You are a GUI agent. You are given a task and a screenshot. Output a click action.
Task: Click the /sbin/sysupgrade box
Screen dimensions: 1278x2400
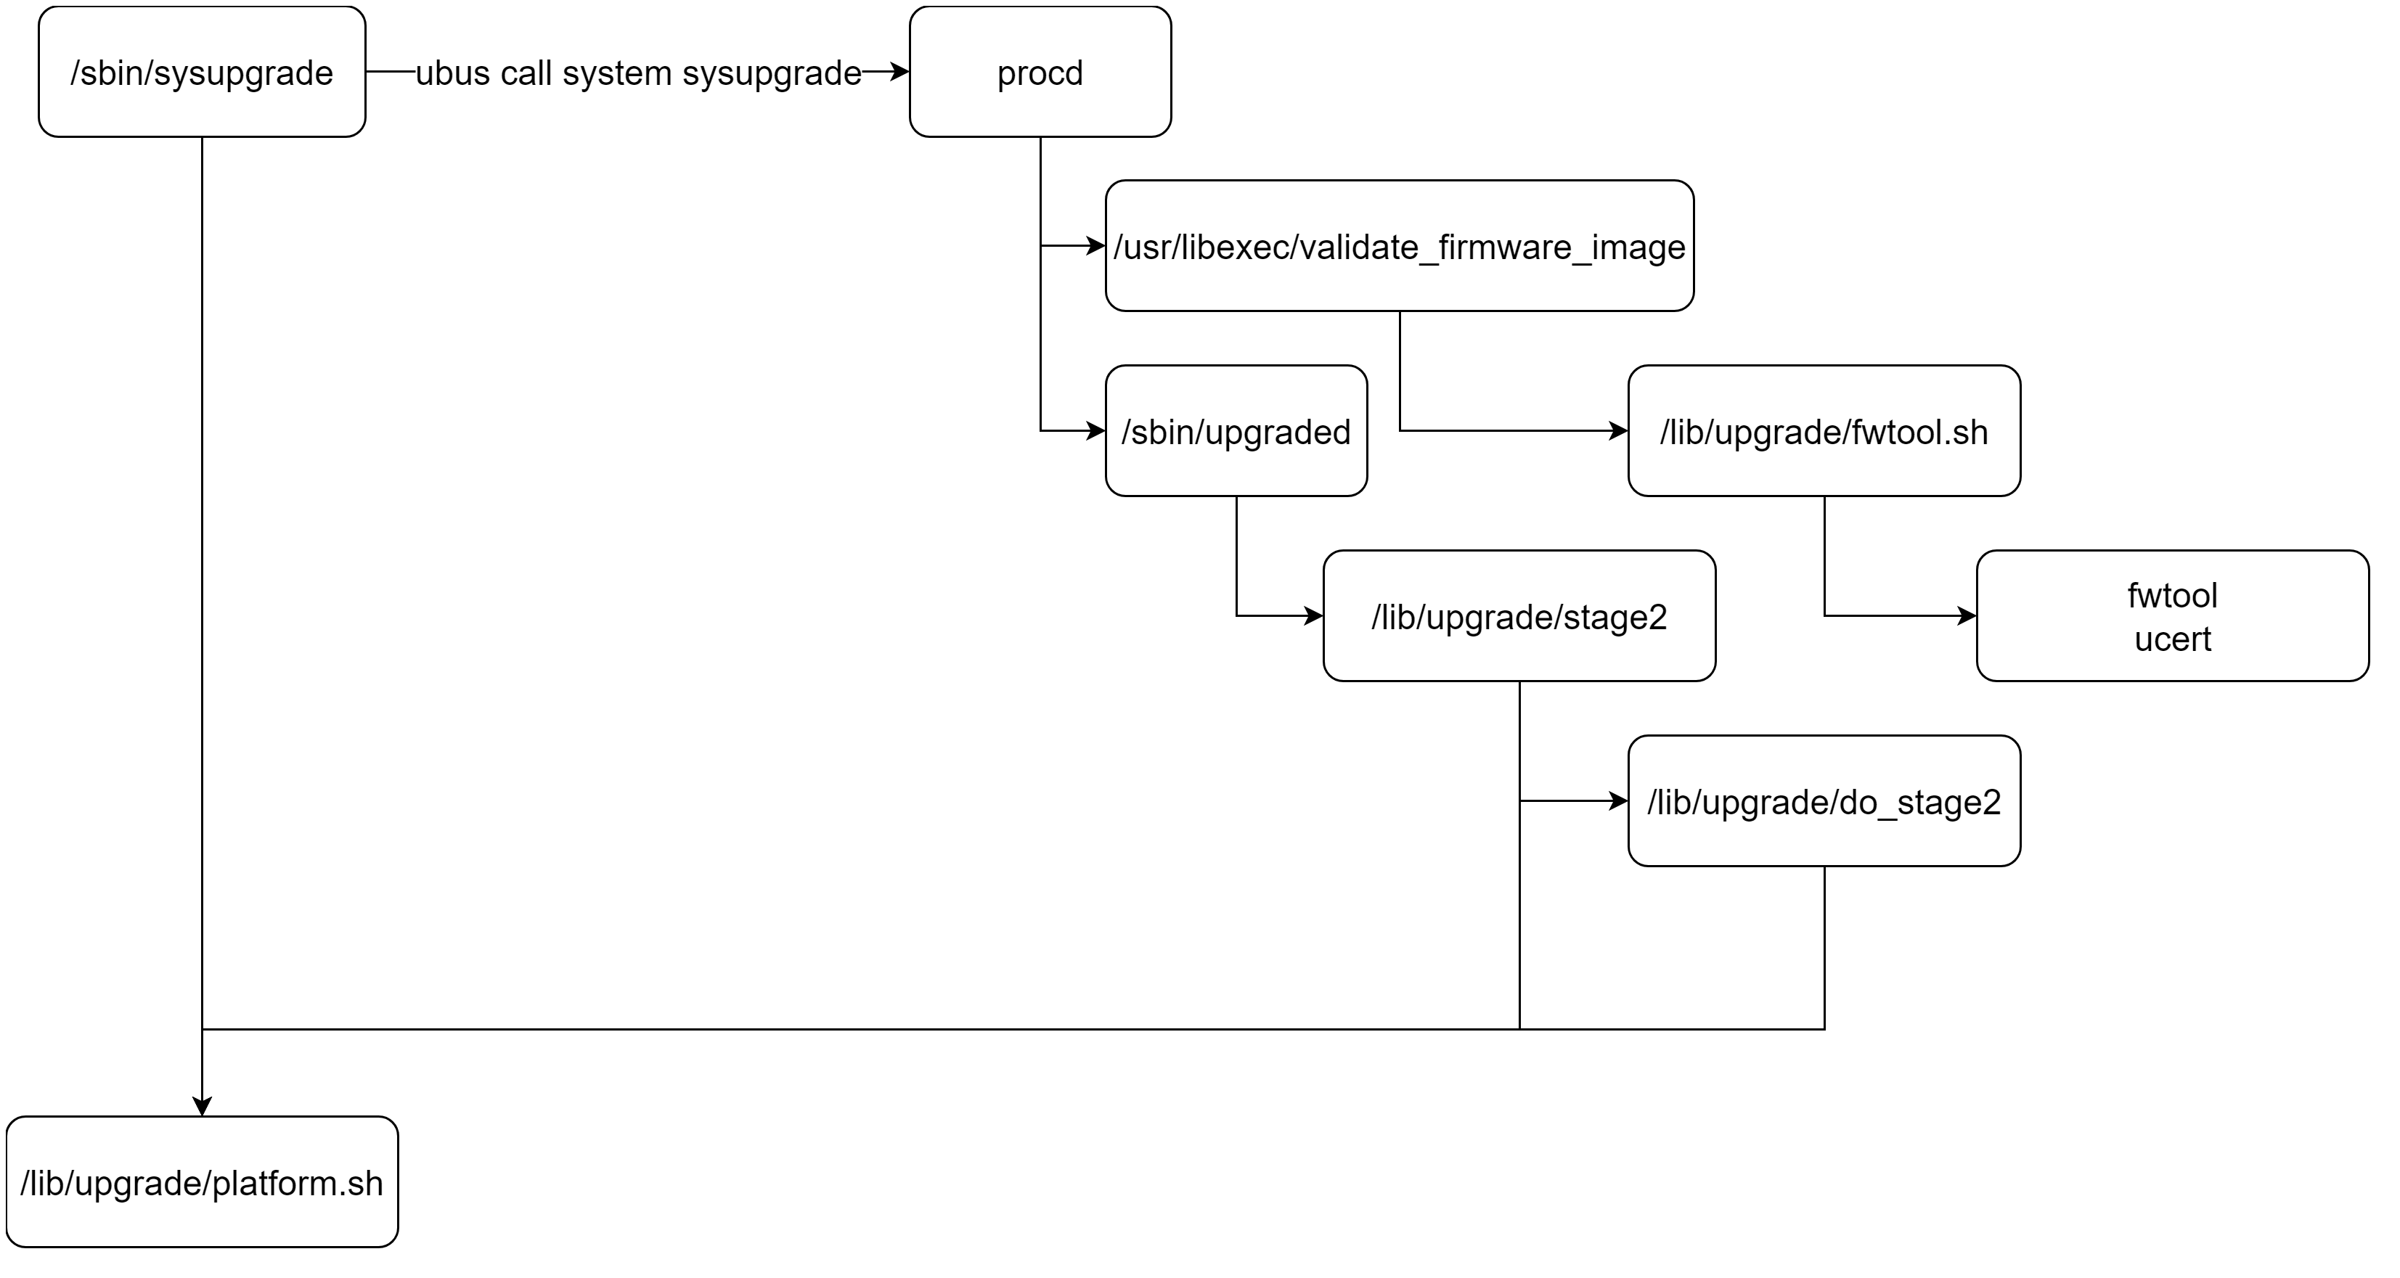(202, 73)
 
